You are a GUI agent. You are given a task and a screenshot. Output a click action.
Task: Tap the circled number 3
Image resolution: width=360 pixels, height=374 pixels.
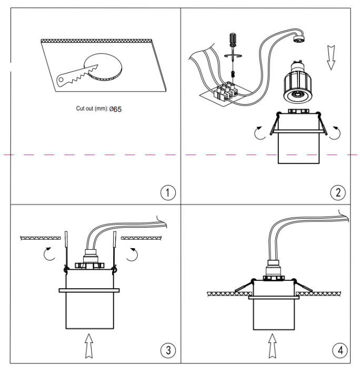click(167, 350)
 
